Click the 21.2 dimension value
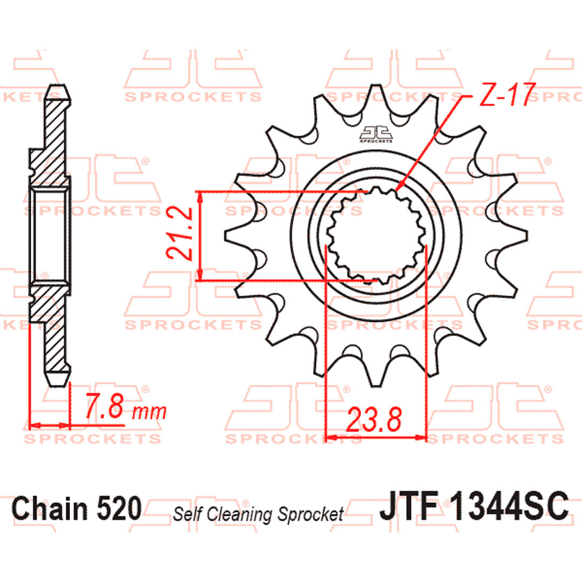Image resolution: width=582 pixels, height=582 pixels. [x=179, y=235]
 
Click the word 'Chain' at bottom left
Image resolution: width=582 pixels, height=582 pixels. [x=46, y=508]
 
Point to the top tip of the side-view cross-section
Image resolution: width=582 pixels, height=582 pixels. [x=58, y=87]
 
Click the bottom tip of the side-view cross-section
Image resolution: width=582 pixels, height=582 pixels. [x=58, y=384]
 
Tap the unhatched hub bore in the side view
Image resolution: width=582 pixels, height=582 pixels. [x=50, y=235]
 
